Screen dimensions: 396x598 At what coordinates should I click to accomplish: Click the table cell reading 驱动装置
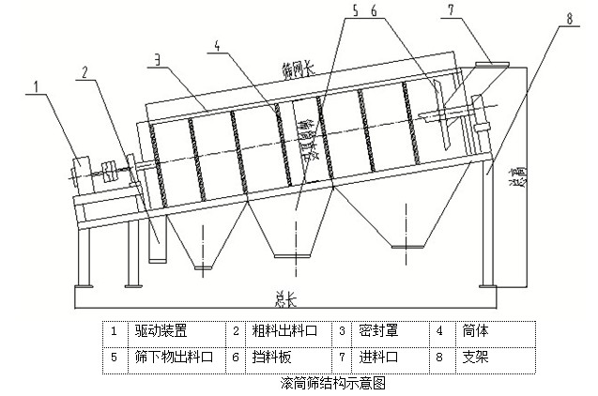[161, 331]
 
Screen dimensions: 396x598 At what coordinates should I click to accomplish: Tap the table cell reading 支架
[471, 358]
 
